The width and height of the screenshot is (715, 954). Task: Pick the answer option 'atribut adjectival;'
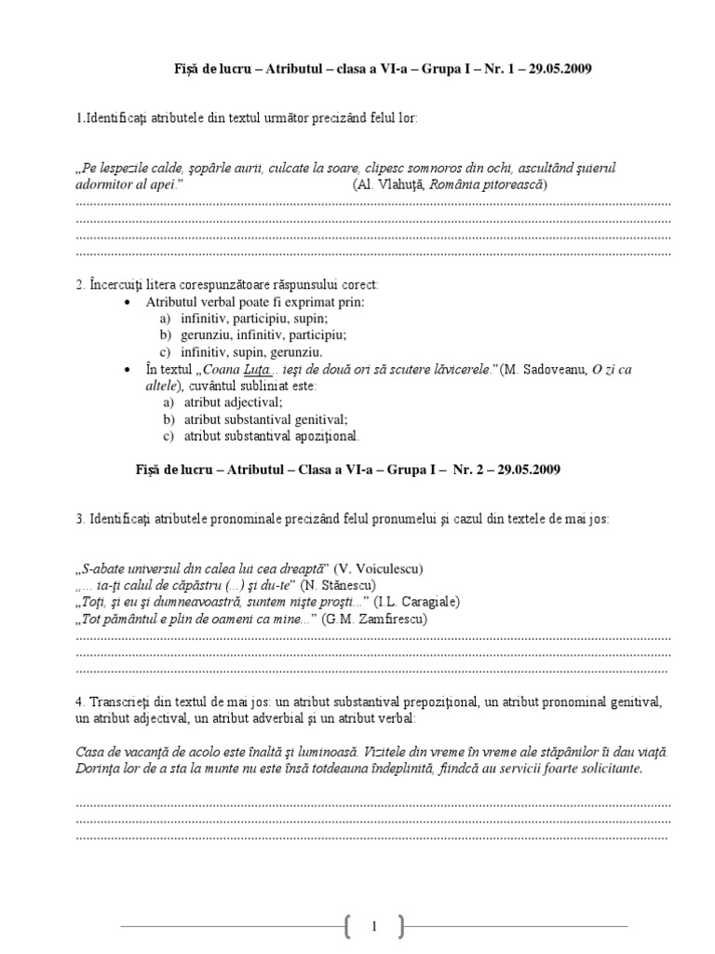click(x=233, y=402)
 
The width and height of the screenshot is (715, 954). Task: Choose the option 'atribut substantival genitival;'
click(x=265, y=419)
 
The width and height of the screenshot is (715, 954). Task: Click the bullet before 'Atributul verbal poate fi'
click(x=128, y=303)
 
